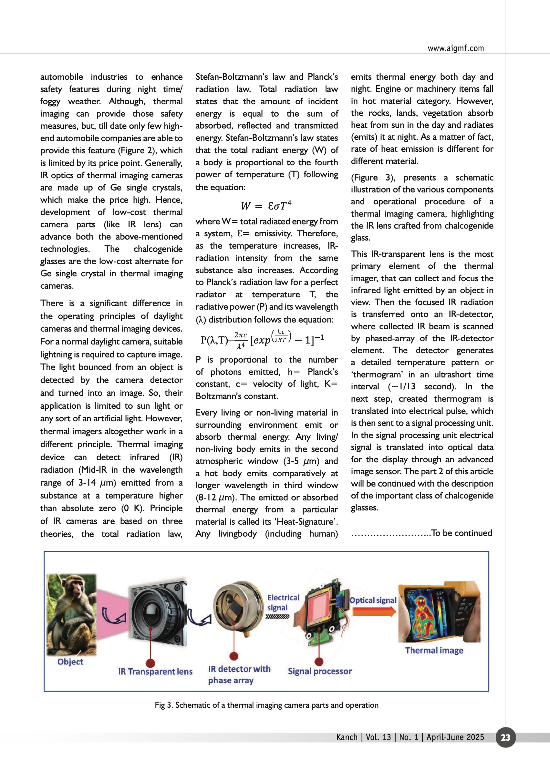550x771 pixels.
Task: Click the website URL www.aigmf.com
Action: tap(455, 48)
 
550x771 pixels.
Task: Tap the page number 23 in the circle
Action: tap(505, 737)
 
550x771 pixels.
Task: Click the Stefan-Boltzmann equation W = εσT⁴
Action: tap(266, 206)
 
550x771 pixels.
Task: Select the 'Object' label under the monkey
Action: tap(70, 662)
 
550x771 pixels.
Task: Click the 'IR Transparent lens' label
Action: tap(155, 672)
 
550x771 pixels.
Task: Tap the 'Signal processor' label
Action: tap(320, 671)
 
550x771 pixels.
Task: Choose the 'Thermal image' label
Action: tap(434, 651)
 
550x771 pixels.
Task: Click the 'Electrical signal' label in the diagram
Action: tap(283, 602)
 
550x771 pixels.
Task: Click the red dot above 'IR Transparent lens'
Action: tap(150, 663)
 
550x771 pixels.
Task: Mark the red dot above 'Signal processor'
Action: tap(319, 661)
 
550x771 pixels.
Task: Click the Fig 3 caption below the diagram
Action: tap(266, 705)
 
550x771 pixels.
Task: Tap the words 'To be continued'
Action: tap(462, 533)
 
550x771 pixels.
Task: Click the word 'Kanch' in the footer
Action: tap(347, 737)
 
